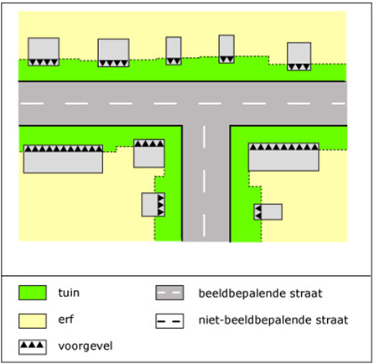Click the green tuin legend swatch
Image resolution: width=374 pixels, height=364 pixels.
pos(33,293)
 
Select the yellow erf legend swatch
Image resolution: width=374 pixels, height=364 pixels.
pos(33,320)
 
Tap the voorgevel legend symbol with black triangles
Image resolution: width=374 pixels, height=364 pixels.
pos(33,347)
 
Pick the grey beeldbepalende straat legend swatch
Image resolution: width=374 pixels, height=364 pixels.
pos(169,293)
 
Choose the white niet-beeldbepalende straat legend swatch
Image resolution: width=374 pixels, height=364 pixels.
pos(169,320)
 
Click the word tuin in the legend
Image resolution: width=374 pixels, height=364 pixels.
pos(69,293)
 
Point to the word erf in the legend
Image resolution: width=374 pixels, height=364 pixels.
pos(66,320)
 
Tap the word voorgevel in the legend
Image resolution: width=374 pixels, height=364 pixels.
pos(86,346)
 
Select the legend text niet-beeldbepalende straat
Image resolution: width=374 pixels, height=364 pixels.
pos(273,320)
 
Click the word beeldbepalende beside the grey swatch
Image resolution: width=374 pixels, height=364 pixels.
pos(242,294)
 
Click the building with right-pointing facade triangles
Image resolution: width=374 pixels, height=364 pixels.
pos(153,205)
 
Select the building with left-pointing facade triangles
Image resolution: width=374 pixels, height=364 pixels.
pos(268,212)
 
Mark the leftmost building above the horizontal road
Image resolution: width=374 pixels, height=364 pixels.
pos(44,52)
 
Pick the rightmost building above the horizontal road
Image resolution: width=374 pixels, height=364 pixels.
pos(299,56)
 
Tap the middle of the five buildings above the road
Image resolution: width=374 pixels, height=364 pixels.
pos(174,51)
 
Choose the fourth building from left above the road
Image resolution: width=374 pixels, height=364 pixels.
pos(226,49)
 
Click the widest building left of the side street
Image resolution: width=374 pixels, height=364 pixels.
pos(63,159)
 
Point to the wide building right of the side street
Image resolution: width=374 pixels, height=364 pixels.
pos(283,157)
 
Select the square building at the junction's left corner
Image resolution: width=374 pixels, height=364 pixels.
pos(149,153)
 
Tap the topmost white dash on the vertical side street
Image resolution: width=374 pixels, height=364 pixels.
pos(204,137)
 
